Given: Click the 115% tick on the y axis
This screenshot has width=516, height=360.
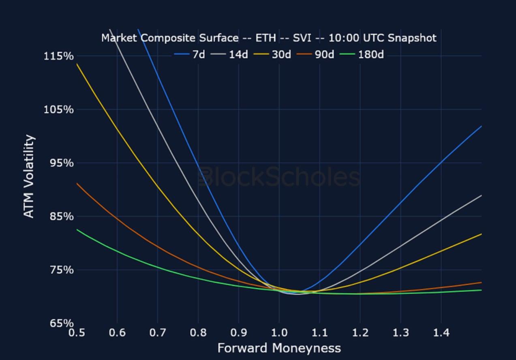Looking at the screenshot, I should [x=59, y=56].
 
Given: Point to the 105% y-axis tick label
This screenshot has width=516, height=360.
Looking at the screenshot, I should [x=59, y=109].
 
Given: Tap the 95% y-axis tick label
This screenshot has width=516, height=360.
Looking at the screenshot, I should [x=61, y=163].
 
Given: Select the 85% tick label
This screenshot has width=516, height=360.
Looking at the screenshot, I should [x=61, y=216].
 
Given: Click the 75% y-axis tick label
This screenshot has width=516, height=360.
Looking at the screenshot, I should [x=61, y=270].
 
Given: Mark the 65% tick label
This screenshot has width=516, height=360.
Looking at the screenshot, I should [x=61, y=324].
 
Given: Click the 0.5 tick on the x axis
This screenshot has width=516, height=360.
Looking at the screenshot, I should [x=77, y=333].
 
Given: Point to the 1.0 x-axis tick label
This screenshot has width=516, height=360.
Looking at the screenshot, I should [x=279, y=333].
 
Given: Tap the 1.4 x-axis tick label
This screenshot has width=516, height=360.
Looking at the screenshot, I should [x=441, y=333].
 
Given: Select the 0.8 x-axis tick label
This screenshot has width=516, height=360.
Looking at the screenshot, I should [x=198, y=333].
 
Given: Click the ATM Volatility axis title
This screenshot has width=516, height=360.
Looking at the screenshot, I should [x=29, y=176].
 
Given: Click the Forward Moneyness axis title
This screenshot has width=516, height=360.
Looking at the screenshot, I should [x=279, y=348].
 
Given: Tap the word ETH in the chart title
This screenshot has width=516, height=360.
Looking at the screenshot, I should [x=265, y=38].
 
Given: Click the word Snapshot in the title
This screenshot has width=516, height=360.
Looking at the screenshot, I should [x=411, y=38].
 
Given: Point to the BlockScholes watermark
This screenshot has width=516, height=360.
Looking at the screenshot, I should [x=279, y=178].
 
